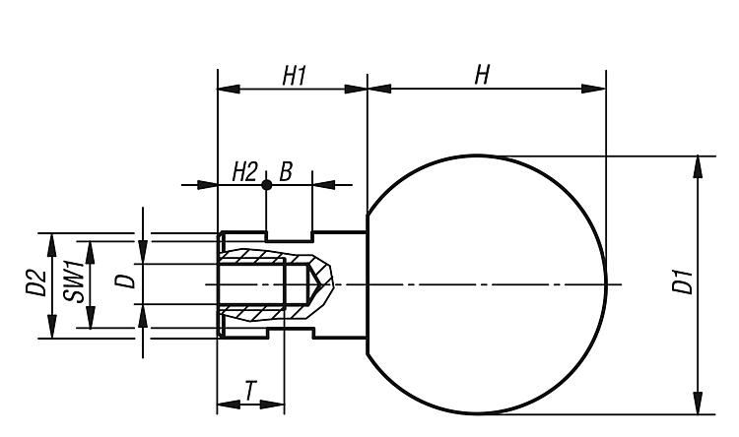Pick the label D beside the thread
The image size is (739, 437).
point(123,281)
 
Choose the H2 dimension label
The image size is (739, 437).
point(244,172)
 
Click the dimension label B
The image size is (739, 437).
point(286,172)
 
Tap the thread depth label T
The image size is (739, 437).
point(251,392)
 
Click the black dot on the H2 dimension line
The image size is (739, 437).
point(266,184)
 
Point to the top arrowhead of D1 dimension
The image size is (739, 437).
point(698,165)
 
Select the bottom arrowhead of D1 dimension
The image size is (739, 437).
point(698,404)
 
